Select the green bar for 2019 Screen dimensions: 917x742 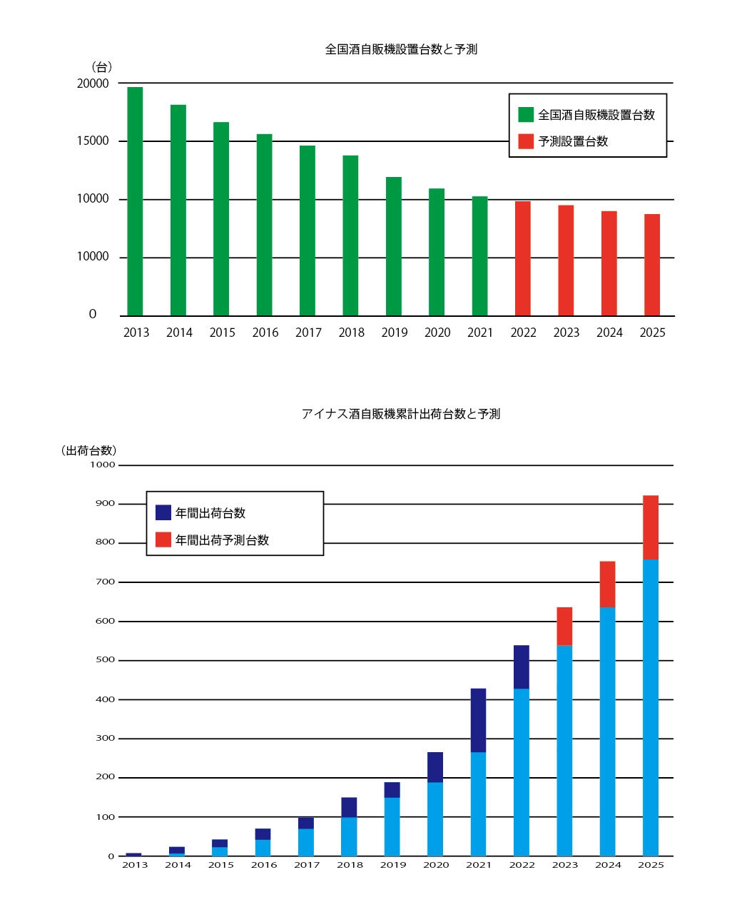click(393, 246)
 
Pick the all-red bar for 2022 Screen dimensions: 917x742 click(522, 258)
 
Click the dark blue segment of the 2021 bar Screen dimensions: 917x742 click(478, 720)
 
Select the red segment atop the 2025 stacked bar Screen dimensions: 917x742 click(650, 527)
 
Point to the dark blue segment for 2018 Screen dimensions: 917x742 click(349, 807)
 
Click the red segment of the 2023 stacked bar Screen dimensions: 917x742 click(564, 626)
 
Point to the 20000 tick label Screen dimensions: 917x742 click(93, 83)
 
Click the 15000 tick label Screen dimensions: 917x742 click(93, 141)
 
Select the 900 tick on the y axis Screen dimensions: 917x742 click(104, 503)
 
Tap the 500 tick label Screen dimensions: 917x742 click(104, 659)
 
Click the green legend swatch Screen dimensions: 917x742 click(526, 114)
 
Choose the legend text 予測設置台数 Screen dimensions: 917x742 click(573, 141)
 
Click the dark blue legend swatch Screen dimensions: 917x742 click(163, 512)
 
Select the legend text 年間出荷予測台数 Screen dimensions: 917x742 click(222, 540)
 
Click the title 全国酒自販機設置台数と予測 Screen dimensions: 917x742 click(401, 50)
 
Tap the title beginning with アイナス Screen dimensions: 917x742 click(400, 414)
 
